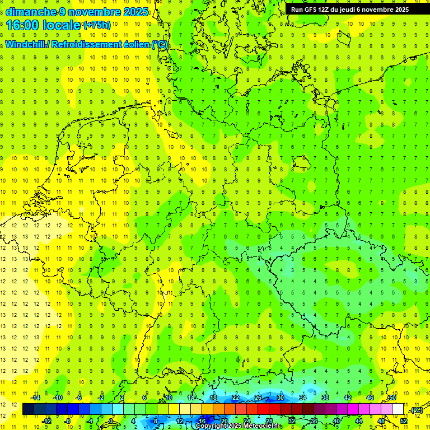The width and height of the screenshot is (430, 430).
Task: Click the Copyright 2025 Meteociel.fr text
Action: [238, 426]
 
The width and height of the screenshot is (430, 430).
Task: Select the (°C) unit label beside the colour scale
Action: [416, 410]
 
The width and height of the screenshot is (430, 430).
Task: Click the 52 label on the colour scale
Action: [404, 421]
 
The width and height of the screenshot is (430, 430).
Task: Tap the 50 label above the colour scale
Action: [392, 398]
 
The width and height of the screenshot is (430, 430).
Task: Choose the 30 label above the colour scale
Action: [280, 398]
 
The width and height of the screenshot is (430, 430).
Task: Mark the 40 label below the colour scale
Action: [336, 421]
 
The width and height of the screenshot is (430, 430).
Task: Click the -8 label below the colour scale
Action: [67, 421]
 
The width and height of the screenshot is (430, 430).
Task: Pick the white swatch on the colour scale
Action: [398, 409]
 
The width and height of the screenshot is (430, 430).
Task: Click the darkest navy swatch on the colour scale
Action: [28, 409]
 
